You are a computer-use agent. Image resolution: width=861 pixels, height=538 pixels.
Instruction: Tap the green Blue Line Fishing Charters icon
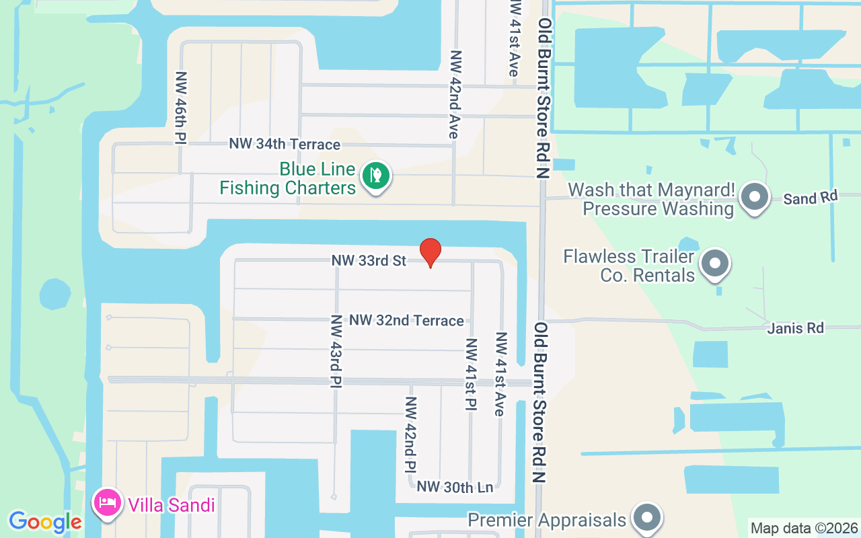pyautogui.click(x=377, y=176)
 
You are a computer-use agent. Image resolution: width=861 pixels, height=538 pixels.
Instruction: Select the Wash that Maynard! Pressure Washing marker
pyautogui.click(x=754, y=198)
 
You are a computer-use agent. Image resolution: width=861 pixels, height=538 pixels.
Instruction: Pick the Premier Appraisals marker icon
pyautogui.click(x=647, y=518)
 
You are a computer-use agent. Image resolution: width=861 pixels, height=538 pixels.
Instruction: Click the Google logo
pyautogui.click(x=45, y=522)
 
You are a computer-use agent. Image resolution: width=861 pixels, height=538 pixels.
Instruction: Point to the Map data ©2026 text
pyautogui.click(x=804, y=528)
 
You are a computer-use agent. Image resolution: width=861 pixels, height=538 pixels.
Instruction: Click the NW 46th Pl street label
pyautogui.click(x=180, y=108)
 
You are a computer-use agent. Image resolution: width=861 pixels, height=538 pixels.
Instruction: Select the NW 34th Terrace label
pyautogui.click(x=285, y=144)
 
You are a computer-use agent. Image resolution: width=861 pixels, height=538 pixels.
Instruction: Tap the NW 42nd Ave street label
pyautogui.click(x=455, y=95)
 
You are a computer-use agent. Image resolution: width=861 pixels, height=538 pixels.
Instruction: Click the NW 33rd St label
pyautogui.click(x=369, y=260)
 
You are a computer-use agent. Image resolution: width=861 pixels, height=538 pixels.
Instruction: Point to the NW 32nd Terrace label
pyautogui.click(x=406, y=321)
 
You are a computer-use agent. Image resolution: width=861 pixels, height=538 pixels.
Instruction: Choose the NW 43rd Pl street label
pyautogui.click(x=336, y=351)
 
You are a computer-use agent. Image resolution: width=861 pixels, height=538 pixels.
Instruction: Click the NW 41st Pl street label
pyautogui.click(x=471, y=373)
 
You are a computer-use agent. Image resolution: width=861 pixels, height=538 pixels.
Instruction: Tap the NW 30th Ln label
pyautogui.click(x=455, y=487)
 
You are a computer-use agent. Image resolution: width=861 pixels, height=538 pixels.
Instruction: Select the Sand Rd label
pyautogui.click(x=811, y=198)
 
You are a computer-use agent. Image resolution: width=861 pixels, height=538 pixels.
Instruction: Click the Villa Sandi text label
pyautogui.click(x=172, y=504)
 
